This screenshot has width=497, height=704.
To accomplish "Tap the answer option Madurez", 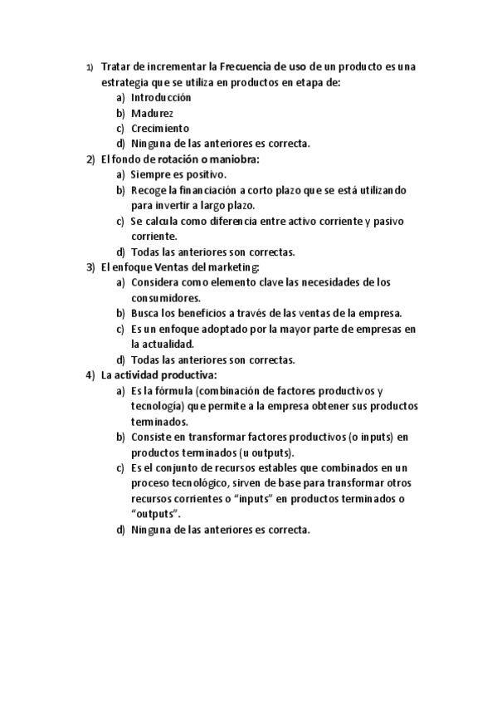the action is (x=152, y=113).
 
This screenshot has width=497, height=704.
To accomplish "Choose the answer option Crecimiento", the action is (x=160, y=128).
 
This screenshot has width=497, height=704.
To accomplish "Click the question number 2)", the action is (x=91, y=159).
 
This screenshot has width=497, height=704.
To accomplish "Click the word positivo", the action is (x=207, y=174).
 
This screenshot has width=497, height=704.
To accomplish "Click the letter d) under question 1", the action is (x=122, y=144).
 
